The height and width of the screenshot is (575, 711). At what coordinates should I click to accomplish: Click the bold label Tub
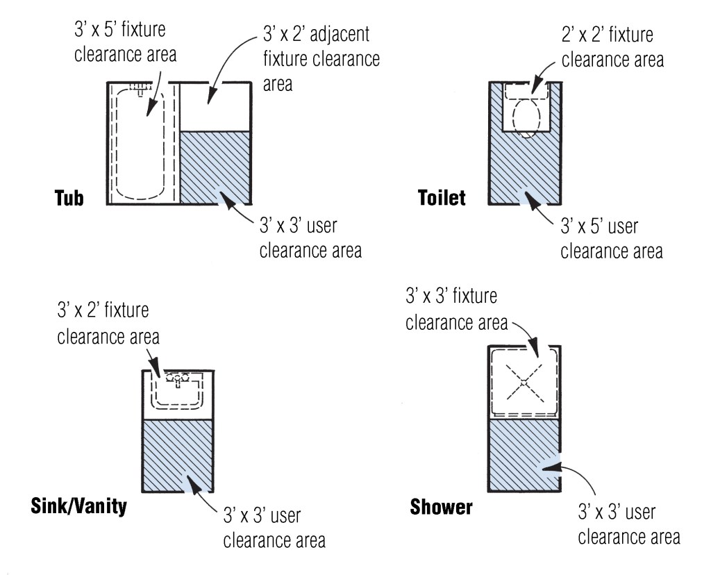coord(69,198)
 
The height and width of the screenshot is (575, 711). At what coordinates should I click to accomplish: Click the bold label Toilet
coord(442,198)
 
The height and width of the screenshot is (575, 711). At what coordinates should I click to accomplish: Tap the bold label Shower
coord(441,506)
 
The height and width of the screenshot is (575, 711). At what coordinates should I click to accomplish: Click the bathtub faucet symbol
coord(140,90)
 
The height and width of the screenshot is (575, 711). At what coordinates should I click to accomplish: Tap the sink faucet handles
coord(178,378)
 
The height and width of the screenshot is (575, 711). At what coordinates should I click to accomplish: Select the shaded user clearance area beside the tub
coord(215,167)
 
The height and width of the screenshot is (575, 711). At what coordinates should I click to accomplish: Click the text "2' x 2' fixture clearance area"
coord(612,47)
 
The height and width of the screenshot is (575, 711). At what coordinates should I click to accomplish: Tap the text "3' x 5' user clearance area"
coord(611,238)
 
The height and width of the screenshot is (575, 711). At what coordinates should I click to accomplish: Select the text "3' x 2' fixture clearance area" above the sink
coord(108,323)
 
